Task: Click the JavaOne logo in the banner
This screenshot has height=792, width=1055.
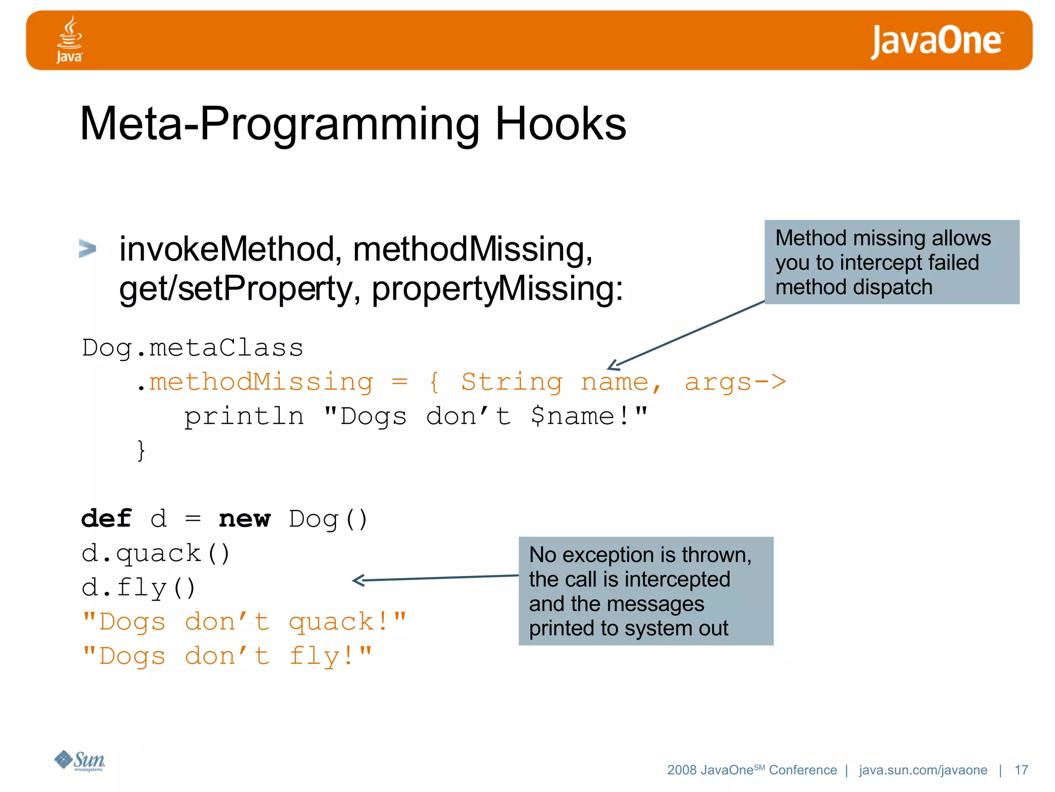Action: (x=936, y=41)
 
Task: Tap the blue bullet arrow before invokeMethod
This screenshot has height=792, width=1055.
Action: (x=88, y=249)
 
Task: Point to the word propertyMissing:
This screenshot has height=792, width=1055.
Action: (x=497, y=289)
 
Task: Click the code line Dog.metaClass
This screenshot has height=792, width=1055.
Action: (x=193, y=348)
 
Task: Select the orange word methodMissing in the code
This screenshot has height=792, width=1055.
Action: (x=261, y=383)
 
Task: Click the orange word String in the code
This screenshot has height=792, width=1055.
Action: (x=511, y=383)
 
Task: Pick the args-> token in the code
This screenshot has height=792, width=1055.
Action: (x=735, y=383)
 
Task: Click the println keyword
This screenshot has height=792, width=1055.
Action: (x=244, y=417)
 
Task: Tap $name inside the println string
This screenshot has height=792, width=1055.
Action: (x=572, y=417)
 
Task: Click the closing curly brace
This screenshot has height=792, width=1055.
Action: (x=141, y=451)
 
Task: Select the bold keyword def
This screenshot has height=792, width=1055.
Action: (x=107, y=519)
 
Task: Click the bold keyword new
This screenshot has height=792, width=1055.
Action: (x=244, y=519)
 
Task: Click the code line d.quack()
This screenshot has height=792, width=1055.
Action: (x=156, y=554)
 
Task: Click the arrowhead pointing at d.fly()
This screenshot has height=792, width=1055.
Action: (x=359, y=581)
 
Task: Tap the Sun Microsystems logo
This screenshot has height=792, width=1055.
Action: (x=80, y=761)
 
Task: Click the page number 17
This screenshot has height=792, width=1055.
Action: (x=1021, y=770)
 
